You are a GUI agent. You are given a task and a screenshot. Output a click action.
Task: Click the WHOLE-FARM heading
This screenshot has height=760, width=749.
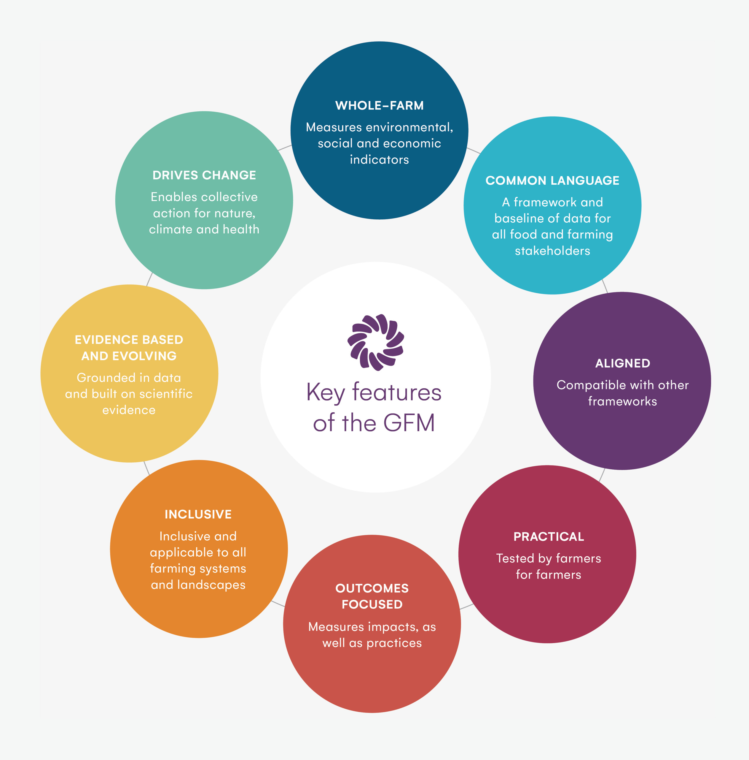(x=379, y=105)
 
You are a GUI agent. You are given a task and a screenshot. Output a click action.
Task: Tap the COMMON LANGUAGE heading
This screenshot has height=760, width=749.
(x=552, y=180)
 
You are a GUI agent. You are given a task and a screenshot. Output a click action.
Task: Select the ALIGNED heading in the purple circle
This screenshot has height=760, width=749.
(x=622, y=363)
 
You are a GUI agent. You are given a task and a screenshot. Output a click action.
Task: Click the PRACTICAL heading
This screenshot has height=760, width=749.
(x=549, y=536)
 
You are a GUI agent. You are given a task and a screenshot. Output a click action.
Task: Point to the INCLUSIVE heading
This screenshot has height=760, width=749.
(x=198, y=514)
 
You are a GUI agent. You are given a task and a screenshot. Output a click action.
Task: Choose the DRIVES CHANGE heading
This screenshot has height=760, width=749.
(x=204, y=175)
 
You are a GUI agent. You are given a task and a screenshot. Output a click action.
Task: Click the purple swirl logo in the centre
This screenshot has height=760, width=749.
(x=376, y=342)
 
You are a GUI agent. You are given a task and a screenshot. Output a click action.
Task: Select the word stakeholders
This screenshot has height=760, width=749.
(x=552, y=251)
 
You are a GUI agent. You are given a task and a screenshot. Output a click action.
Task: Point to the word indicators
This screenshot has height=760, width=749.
(x=379, y=160)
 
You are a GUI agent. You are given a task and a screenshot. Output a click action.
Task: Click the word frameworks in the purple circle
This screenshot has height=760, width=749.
(x=622, y=401)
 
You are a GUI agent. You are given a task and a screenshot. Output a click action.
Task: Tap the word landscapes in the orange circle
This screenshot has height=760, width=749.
(x=211, y=585)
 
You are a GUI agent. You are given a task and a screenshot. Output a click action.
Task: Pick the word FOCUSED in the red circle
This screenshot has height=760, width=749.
(x=372, y=604)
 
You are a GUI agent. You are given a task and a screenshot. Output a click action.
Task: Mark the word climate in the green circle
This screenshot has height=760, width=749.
(x=170, y=229)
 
